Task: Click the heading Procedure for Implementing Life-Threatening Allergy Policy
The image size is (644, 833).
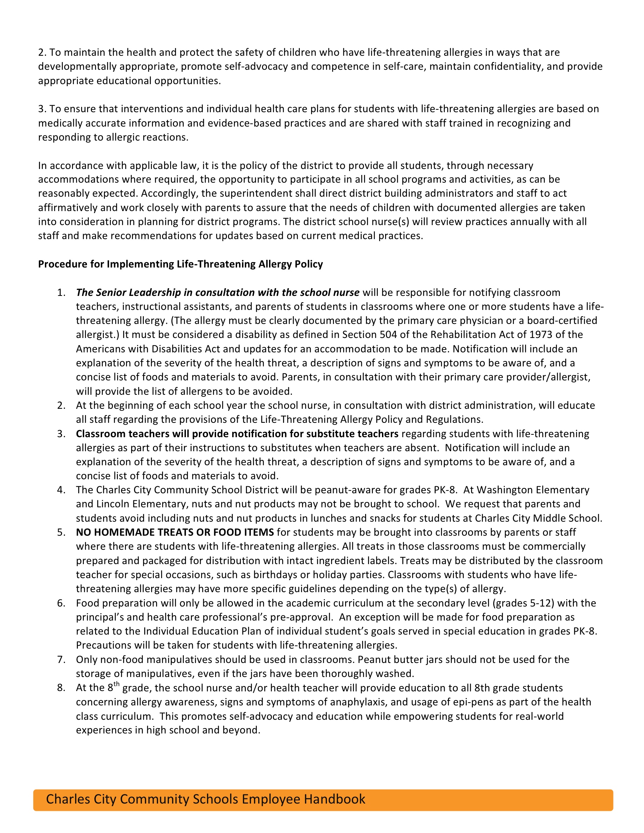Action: point(180,264)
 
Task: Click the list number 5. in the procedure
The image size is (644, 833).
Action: point(61,532)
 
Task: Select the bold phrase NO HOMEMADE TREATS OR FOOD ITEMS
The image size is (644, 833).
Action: point(175,532)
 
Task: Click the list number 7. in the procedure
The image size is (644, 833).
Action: point(61,659)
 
